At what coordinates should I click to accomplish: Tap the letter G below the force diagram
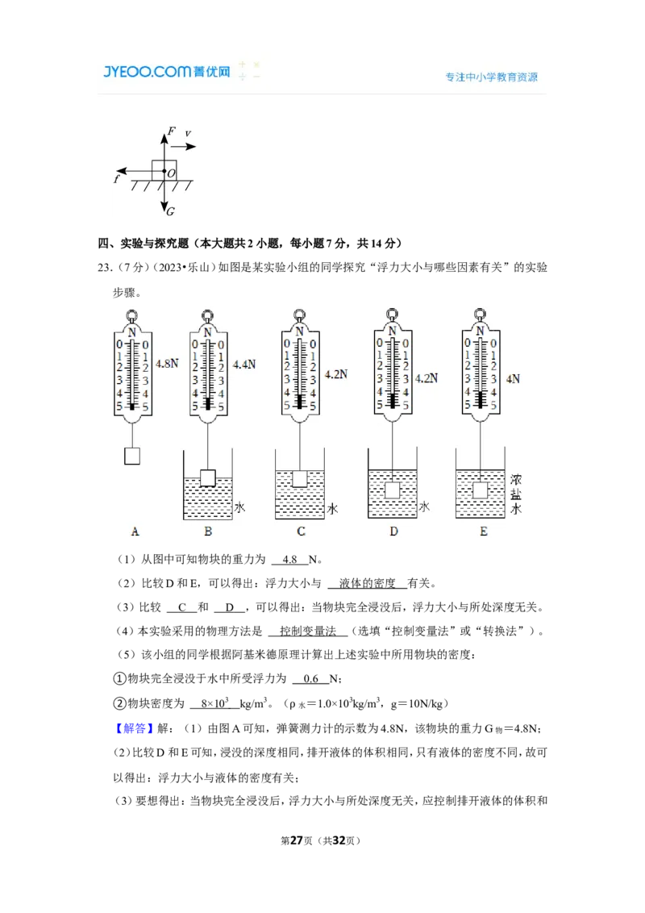(x=171, y=211)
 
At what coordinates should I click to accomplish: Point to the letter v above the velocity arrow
(x=188, y=134)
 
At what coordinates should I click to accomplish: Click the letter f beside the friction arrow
(x=117, y=179)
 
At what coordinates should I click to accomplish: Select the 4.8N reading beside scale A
(x=167, y=363)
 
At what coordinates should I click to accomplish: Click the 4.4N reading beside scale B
(x=244, y=365)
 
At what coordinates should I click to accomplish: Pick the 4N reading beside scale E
(x=513, y=379)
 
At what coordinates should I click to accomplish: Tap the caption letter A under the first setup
(x=135, y=531)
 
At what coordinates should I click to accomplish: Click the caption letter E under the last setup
(x=483, y=531)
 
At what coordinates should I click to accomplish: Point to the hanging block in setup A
(x=132, y=456)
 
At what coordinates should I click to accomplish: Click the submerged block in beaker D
(x=393, y=490)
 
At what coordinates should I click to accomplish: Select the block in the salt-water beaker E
(x=481, y=490)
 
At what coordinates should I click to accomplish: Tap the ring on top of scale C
(x=299, y=315)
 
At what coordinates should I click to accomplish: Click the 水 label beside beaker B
(x=239, y=507)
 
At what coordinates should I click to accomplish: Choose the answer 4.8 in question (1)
(x=290, y=560)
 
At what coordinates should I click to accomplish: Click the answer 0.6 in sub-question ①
(x=311, y=679)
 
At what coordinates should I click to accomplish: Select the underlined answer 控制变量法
(x=308, y=632)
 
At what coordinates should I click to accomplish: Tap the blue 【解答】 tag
(x=134, y=728)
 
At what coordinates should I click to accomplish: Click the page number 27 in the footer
(x=297, y=840)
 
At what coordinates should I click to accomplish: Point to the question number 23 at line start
(x=104, y=268)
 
